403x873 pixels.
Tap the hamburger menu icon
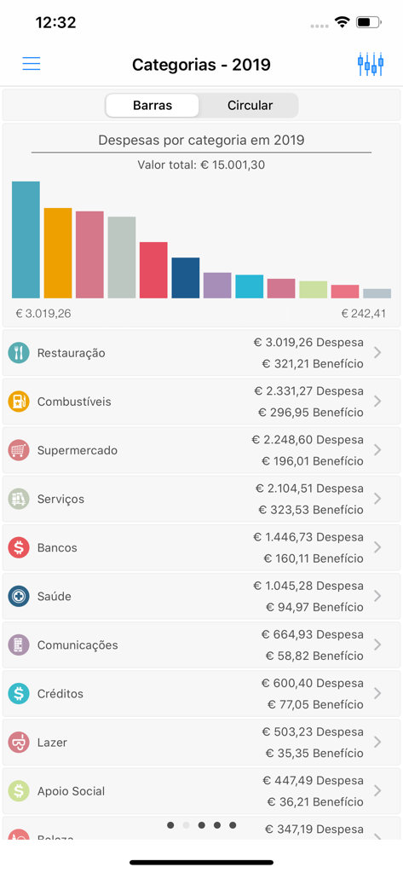click(32, 64)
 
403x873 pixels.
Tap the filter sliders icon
click(371, 65)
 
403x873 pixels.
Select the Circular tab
click(250, 106)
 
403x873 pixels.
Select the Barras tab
click(153, 106)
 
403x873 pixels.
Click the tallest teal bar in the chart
click(26, 240)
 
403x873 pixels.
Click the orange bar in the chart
click(58, 253)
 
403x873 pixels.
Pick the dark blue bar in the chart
click(185, 278)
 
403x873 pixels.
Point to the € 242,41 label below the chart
click(364, 314)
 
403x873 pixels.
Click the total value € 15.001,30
click(201, 165)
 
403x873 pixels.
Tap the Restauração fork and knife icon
click(19, 353)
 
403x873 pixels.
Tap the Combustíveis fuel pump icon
click(19, 402)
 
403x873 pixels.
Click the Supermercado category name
click(78, 450)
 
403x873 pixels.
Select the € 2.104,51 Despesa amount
click(309, 489)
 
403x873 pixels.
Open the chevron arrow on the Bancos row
click(377, 547)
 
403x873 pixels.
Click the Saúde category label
click(55, 596)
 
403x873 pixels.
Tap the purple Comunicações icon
click(19, 645)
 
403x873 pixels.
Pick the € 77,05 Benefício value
click(315, 704)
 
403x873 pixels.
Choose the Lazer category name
click(52, 742)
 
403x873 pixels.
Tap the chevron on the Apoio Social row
click(377, 790)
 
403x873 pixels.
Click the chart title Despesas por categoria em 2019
click(201, 140)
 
